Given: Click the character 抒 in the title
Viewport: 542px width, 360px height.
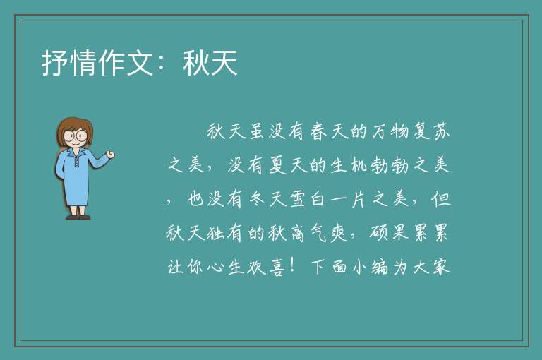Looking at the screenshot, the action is pyautogui.click(x=55, y=63).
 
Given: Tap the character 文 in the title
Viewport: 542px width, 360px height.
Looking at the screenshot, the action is pyautogui.click(x=140, y=63).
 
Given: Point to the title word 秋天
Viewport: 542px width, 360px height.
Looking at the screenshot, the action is pyautogui.click(x=210, y=63).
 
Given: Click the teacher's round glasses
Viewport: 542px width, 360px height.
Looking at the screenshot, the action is pyautogui.click(x=76, y=135).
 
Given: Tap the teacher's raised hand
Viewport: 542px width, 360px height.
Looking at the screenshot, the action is pyautogui.click(x=110, y=155).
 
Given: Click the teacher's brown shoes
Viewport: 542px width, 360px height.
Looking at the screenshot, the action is pyautogui.click(x=78, y=217).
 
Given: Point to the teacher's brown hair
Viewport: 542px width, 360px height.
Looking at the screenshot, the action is pyautogui.click(x=74, y=128).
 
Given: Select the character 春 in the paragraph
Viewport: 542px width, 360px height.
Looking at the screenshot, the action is pyautogui.click(x=318, y=132).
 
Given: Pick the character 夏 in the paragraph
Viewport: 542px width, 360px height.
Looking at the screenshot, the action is pyautogui.click(x=278, y=165).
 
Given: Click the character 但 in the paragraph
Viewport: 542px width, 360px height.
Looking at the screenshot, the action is pyautogui.click(x=441, y=199).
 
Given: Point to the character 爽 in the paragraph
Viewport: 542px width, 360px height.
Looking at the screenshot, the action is pyautogui.click(x=339, y=233).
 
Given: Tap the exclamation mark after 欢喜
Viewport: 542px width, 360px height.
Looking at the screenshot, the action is pyautogui.click(x=292, y=265).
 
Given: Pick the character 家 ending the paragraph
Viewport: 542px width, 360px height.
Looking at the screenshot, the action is pyautogui.click(x=441, y=267).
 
